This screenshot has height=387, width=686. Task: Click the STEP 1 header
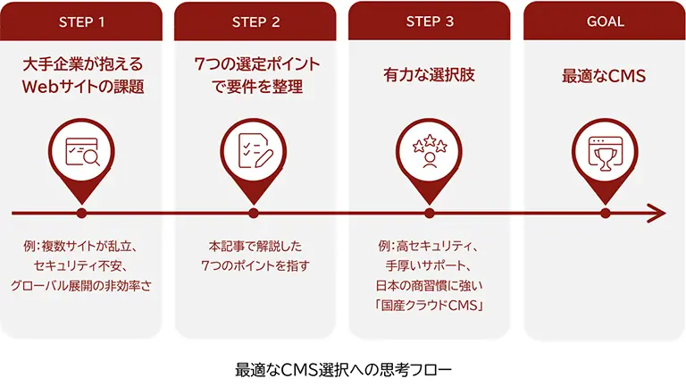pyautogui.click(x=81, y=21)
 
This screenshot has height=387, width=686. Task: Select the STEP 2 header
pyautogui.click(x=255, y=21)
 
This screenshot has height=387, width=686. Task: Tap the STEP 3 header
pyautogui.click(x=430, y=21)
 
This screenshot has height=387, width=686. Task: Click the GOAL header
pyautogui.click(x=605, y=21)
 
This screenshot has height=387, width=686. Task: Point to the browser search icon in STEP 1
pyautogui.click(x=81, y=154)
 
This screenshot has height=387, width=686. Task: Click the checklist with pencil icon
pyautogui.click(x=255, y=154)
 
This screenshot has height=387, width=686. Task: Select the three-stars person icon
pyautogui.click(x=430, y=154)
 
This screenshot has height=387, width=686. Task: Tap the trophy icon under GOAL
pyautogui.click(x=605, y=154)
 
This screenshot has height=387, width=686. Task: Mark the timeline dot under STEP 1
pyautogui.click(x=81, y=214)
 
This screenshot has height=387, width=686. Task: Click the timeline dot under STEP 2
pyautogui.click(x=255, y=214)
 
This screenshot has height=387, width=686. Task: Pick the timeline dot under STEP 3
pyautogui.click(x=430, y=214)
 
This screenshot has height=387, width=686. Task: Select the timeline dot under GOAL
pyautogui.click(x=605, y=214)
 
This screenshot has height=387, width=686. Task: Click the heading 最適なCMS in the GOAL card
pyautogui.click(x=604, y=77)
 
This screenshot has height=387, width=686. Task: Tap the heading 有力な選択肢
pyautogui.click(x=429, y=77)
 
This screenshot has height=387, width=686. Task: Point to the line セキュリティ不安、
pyautogui.click(x=81, y=265)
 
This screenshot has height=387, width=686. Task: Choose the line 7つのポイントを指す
pyautogui.click(x=255, y=265)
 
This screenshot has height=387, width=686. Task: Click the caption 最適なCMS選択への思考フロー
pyautogui.click(x=344, y=368)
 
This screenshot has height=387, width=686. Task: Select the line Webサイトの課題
pyautogui.click(x=81, y=88)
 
